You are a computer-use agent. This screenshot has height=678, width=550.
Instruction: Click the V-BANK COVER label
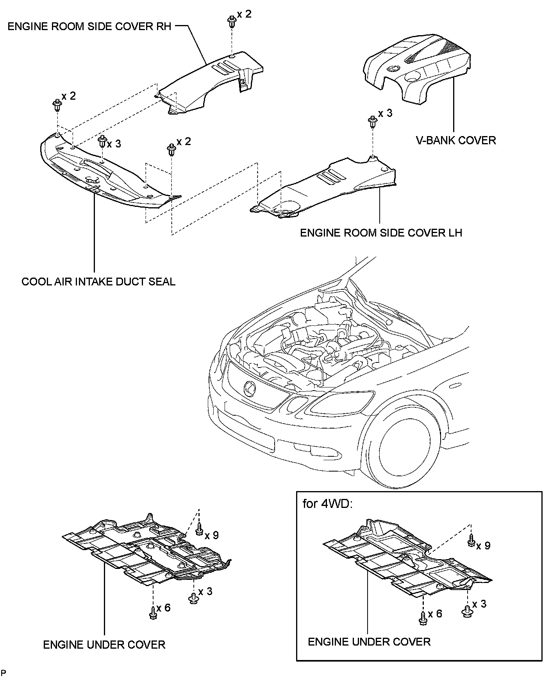455,140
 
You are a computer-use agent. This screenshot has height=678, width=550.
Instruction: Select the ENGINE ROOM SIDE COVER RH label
89,27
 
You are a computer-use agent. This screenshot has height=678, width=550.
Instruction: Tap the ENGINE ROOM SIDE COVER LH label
381,233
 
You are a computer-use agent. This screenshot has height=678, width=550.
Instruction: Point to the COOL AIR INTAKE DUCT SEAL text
98,282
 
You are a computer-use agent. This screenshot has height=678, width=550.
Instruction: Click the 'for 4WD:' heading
327,504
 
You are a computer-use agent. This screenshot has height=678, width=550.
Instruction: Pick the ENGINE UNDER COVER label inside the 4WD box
369,642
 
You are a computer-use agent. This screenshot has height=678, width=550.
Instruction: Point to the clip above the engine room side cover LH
372,122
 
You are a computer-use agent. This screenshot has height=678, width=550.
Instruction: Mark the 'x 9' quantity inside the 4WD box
483,545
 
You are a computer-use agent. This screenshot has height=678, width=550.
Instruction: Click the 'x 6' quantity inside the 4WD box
435,613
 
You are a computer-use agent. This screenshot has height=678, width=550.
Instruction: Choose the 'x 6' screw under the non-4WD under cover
153,614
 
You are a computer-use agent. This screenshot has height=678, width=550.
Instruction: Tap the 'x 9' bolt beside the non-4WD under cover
200,530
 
